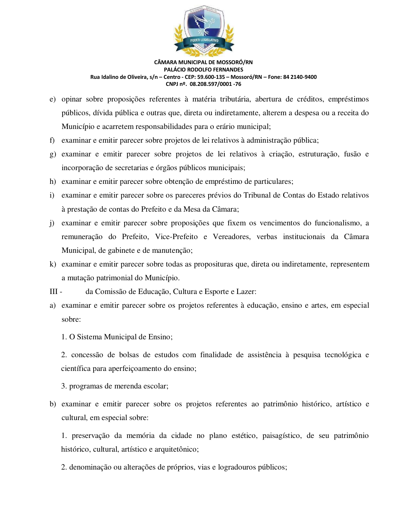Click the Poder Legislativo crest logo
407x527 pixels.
click(204, 30)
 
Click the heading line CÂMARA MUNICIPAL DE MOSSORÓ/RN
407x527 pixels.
click(203, 62)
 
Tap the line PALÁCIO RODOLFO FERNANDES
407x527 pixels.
click(203, 70)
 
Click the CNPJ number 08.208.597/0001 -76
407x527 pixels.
click(215, 84)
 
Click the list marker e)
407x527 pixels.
click(52, 99)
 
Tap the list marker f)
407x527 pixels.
click(52, 140)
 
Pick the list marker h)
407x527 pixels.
click(52, 182)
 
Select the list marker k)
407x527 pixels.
click(52, 264)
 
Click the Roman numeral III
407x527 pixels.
click(54, 292)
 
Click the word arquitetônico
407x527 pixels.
click(176, 449)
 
